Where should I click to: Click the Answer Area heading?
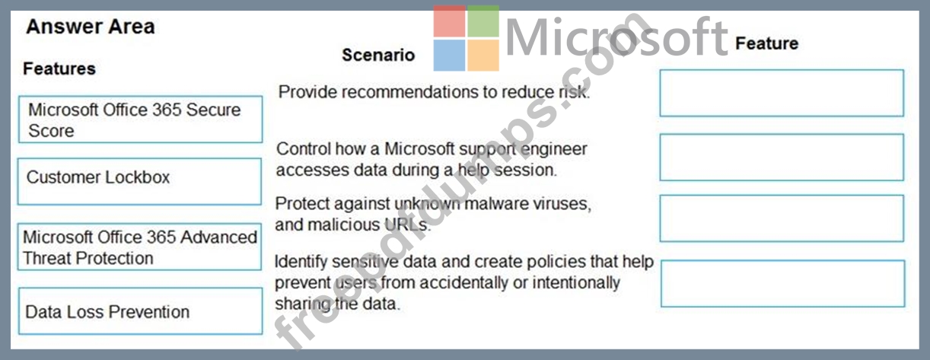click(x=90, y=27)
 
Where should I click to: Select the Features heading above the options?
click(x=59, y=68)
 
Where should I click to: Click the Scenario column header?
click(x=378, y=55)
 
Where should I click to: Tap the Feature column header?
click(x=766, y=43)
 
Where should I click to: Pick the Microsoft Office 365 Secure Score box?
click(x=140, y=119)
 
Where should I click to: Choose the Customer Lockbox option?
click(x=139, y=181)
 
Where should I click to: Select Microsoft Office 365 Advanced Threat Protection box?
click(x=139, y=247)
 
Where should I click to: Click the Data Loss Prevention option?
click(x=140, y=311)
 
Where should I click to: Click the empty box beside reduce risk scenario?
click(x=782, y=93)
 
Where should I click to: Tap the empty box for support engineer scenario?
click(x=782, y=158)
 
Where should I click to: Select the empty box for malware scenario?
click(x=782, y=218)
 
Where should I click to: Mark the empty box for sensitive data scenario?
click(x=782, y=284)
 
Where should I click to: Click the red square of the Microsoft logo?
click(x=449, y=21)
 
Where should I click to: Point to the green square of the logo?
click(x=483, y=21)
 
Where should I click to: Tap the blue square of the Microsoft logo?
click(x=449, y=56)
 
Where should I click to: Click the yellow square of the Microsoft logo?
click(x=483, y=56)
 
